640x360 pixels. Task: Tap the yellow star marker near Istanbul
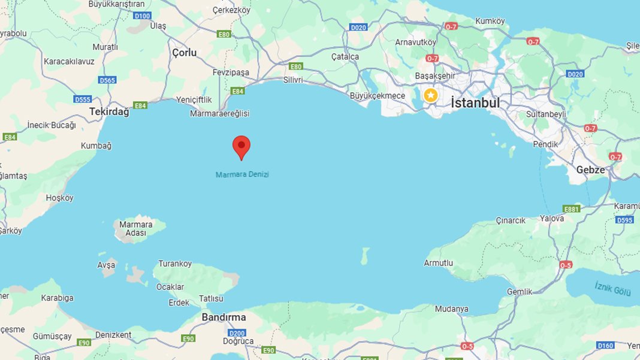[x=430, y=95]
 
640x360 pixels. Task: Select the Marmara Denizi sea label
[x=242, y=174]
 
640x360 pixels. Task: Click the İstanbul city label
[x=475, y=102]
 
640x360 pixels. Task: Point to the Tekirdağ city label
[x=109, y=111]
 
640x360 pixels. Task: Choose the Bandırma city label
[x=224, y=317]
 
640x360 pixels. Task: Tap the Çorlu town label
[x=184, y=53]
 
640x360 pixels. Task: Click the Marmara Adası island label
[x=135, y=229]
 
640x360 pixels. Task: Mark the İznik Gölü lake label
[x=613, y=289]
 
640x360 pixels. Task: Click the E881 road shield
[x=571, y=208]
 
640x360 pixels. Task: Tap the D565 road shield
[x=107, y=80]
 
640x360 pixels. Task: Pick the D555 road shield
[x=82, y=99]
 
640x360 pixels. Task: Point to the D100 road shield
[x=143, y=15]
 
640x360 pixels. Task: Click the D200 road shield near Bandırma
[x=237, y=333]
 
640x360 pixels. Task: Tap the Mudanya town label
[x=451, y=309]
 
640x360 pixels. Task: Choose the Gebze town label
[x=590, y=170]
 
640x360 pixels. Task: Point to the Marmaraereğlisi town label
[x=219, y=113]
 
